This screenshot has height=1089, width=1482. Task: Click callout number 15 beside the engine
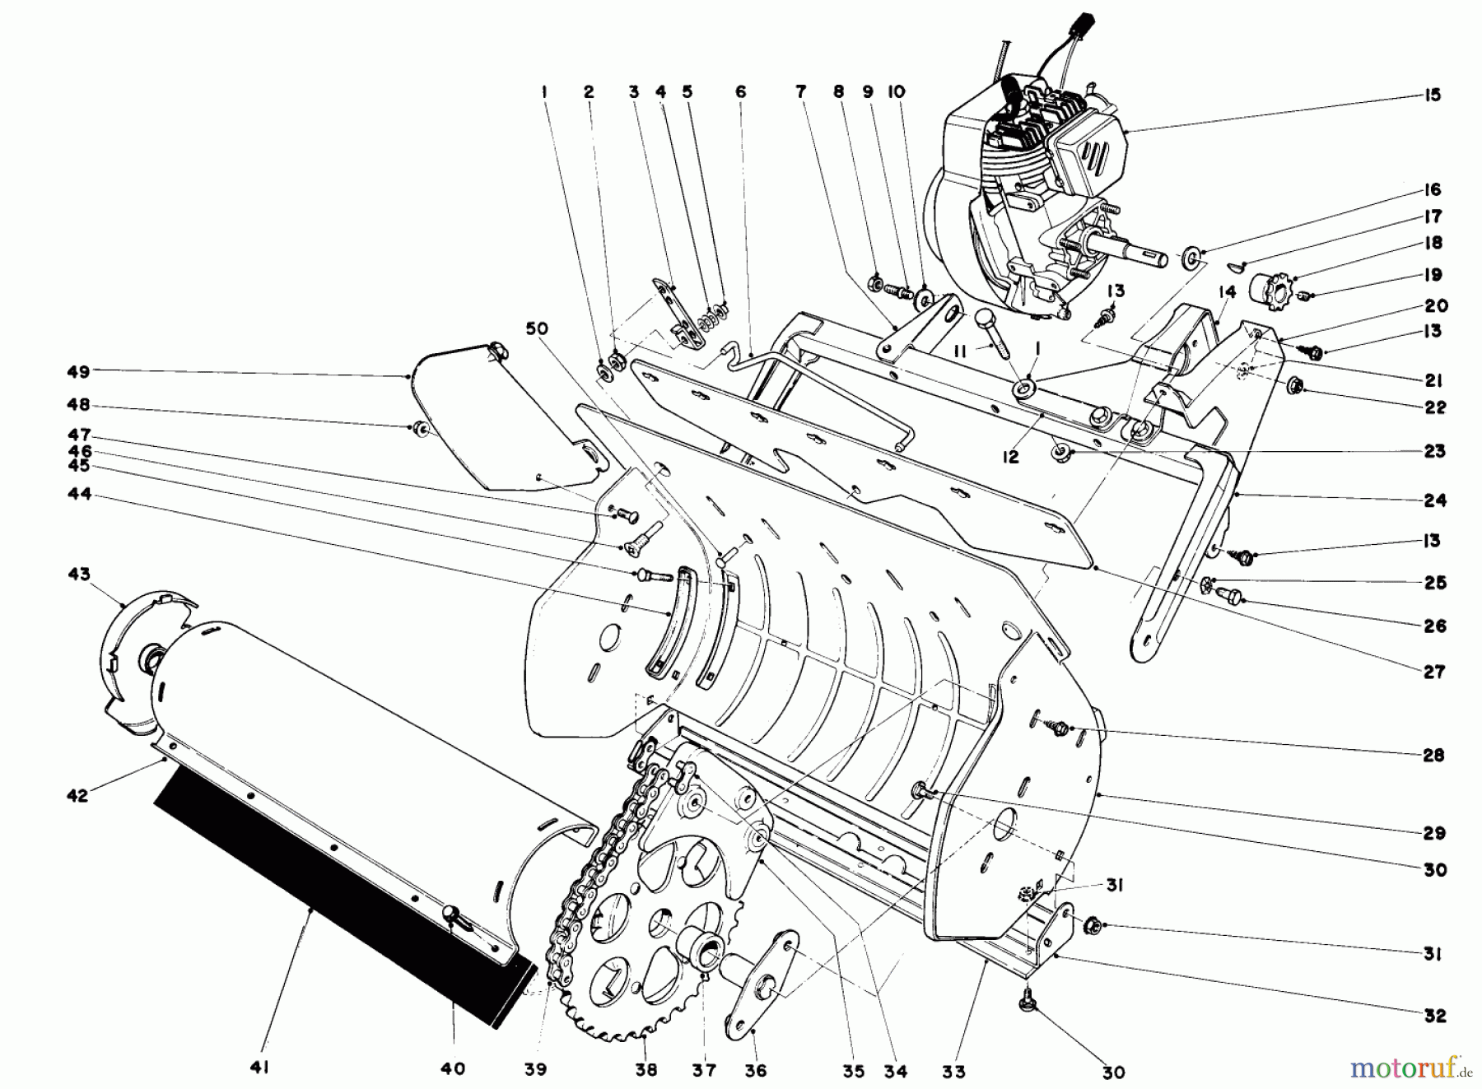(x=1433, y=95)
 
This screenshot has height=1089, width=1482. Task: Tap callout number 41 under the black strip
(x=260, y=1068)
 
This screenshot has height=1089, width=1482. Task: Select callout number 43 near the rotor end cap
(x=80, y=574)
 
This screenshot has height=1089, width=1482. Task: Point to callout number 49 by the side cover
(x=78, y=372)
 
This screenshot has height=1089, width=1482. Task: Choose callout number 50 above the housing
(x=538, y=329)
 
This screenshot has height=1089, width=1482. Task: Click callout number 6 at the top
(x=740, y=92)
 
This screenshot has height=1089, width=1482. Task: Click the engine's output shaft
(x=1136, y=249)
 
